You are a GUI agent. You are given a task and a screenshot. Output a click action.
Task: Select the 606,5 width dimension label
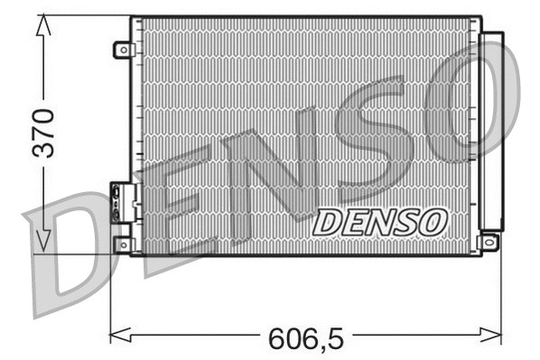click(x=304, y=339)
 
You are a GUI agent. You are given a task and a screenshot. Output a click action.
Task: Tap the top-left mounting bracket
click(x=123, y=50)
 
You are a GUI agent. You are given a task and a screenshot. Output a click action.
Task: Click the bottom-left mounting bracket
click(x=123, y=244)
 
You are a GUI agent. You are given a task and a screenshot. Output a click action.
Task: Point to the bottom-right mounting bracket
click(x=489, y=242)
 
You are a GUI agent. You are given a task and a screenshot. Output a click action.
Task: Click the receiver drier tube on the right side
click(x=492, y=131)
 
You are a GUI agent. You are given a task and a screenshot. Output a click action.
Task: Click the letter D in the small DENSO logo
click(x=328, y=222)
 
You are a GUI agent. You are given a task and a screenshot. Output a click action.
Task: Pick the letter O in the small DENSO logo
click(x=431, y=220)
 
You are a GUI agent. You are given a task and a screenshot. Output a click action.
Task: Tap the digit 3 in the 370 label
click(x=43, y=149)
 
